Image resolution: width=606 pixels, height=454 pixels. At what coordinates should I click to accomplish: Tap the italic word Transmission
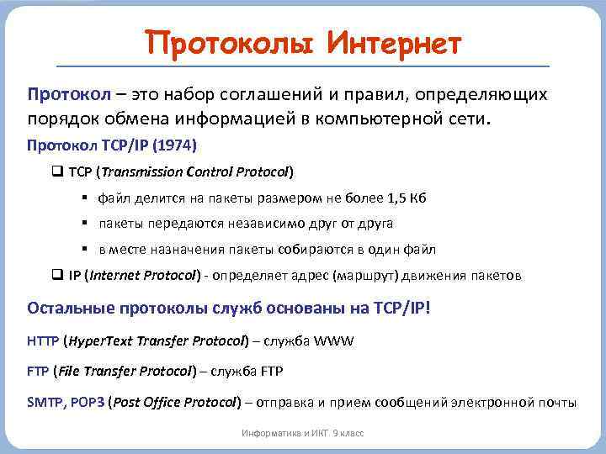[143, 172]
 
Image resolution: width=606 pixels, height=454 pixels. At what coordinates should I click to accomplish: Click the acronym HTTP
[43, 341]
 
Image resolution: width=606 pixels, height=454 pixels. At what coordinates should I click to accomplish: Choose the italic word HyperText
[100, 341]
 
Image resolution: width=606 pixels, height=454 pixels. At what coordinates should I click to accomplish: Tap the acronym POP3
[87, 402]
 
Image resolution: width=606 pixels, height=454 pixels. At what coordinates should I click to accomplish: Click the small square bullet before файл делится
[86, 198]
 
